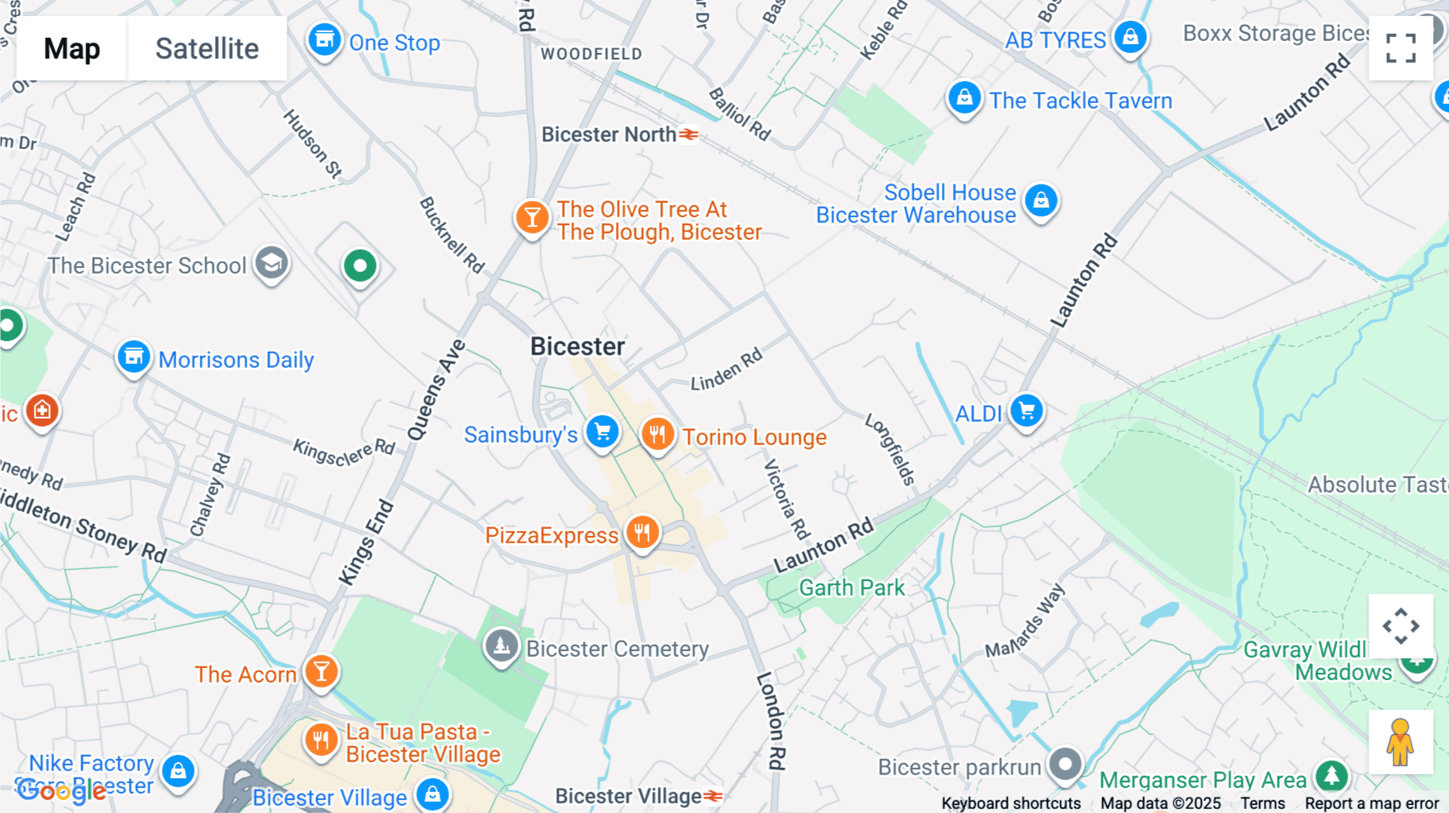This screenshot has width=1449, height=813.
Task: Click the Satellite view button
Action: (x=207, y=48)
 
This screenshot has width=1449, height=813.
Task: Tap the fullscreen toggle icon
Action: (x=1401, y=48)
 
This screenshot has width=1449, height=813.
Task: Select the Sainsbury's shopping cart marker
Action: (x=602, y=432)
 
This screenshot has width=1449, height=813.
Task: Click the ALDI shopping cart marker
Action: (x=1026, y=411)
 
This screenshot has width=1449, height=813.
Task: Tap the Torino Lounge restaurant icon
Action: (x=657, y=435)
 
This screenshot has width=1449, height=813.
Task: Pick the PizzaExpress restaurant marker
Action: (x=642, y=533)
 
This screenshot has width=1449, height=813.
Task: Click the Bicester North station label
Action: (x=609, y=134)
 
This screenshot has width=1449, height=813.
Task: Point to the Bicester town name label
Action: (x=577, y=347)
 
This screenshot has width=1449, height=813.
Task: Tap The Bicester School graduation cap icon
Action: (x=271, y=263)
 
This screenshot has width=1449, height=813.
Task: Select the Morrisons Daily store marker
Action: (x=134, y=357)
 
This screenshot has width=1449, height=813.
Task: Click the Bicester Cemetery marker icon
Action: (x=502, y=646)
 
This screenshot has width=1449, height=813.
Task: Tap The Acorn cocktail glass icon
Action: (x=321, y=671)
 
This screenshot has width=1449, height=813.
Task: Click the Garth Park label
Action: (x=852, y=588)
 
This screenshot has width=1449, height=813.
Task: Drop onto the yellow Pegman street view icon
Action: (x=1400, y=741)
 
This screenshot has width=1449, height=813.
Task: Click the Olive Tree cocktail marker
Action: (x=531, y=217)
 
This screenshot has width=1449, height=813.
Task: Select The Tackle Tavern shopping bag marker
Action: (x=964, y=98)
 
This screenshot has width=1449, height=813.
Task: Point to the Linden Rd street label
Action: (x=726, y=370)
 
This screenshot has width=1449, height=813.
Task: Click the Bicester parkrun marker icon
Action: (x=1066, y=764)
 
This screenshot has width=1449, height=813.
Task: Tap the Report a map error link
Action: (x=1372, y=803)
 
